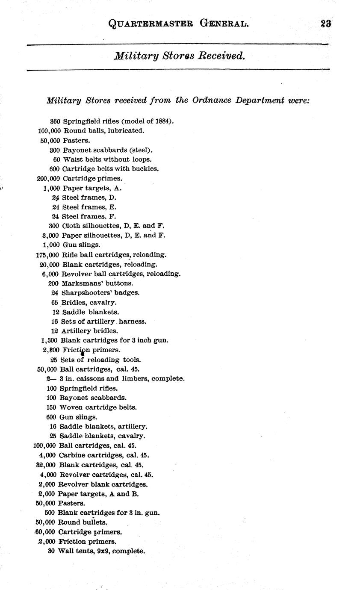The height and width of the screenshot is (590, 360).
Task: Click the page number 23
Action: click(x=326, y=24)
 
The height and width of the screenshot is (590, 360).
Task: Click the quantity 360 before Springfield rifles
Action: click(x=55, y=121)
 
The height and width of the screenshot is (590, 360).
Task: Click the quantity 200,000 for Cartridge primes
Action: click(x=48, y=178)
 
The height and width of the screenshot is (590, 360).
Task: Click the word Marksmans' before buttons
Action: click(x=80, y=283)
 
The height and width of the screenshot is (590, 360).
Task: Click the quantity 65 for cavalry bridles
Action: click(x=54, y=303)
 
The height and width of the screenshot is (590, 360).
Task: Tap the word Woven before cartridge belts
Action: click(x=70, y=407)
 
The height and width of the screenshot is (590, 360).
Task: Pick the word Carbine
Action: click(x=71, y=455)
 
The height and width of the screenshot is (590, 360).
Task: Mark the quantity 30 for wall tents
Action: click(x=51, y=551)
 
